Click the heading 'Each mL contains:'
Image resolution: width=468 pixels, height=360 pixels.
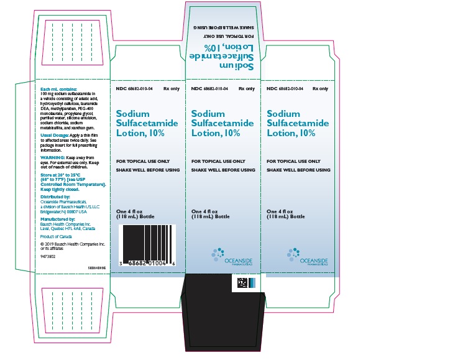[58, 90]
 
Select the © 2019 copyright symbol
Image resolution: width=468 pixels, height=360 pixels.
[42, 244]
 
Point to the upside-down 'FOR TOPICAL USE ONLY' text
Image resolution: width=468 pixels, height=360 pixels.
[226, 36]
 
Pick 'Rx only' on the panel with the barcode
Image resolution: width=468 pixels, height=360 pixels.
[171, 89]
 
